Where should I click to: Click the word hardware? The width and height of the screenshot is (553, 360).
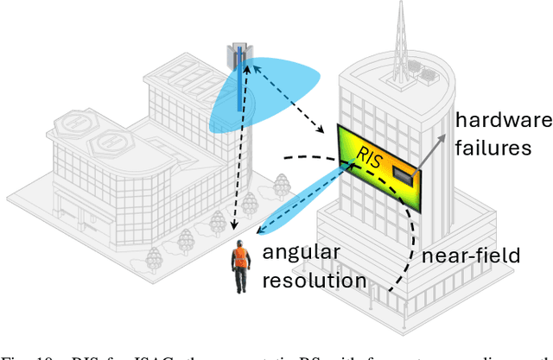[504, 121]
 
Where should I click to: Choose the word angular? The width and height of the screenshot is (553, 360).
[302, 252]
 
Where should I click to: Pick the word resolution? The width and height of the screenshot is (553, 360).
[315, 280]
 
